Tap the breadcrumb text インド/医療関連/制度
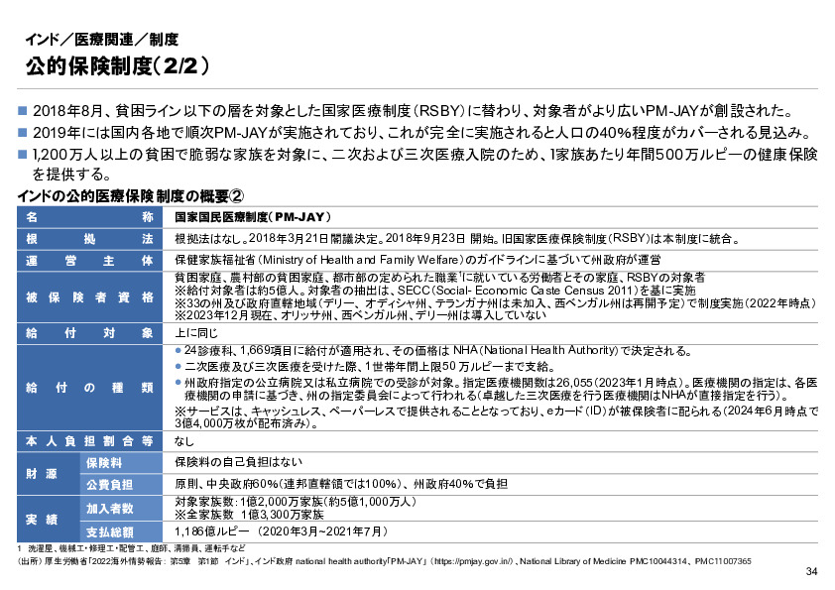(101, 41)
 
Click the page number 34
(811, 572)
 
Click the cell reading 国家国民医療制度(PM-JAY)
(252, 217)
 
